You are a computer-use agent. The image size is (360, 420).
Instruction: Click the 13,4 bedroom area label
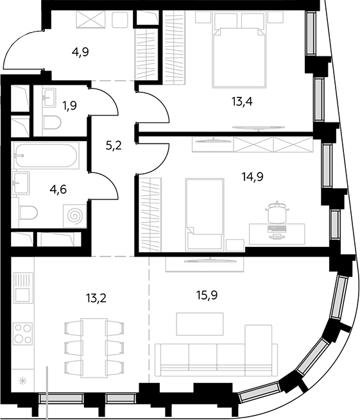tap(242, 101)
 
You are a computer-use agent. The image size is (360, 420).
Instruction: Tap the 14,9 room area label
tap(252, 176)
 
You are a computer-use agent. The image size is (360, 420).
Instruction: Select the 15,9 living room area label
tap(207, 295)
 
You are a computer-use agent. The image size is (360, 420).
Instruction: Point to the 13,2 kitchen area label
tap(96, 298)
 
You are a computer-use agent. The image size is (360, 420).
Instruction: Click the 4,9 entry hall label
tap(80, 52)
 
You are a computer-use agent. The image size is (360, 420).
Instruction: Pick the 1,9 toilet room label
tap(70, 105)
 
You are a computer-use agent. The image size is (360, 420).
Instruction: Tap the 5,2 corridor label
tap(114, 146)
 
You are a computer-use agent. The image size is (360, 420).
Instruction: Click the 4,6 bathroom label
tap(58, 190)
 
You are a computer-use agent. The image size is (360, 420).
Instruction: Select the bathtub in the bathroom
tap(46, 156)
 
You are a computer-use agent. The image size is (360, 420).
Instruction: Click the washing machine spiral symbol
tap(75, 216)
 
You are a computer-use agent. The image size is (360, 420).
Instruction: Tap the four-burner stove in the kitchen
tap(23, 333)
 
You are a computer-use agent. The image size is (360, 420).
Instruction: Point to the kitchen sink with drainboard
tap(23, 288)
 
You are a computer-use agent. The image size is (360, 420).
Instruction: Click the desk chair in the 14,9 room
tap(277, 212)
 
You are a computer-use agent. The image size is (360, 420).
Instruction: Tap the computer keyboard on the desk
tap(277, 228)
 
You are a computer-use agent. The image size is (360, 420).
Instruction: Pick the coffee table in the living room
tap(200, 324)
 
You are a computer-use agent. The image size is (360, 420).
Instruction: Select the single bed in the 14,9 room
tap(205, 215)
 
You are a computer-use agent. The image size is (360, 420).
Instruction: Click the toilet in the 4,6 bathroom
tap(28, 213)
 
